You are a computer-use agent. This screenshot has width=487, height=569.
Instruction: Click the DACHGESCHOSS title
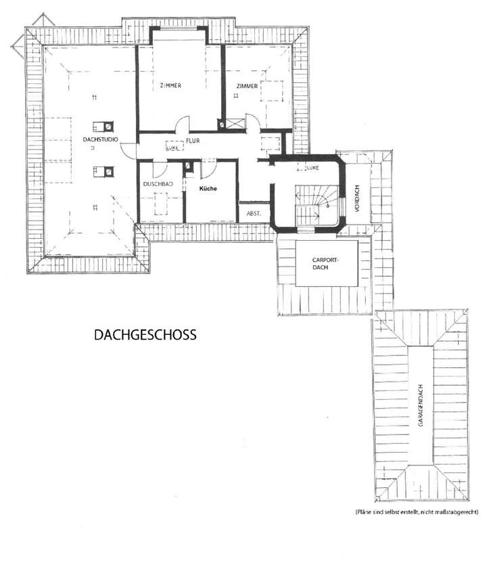pyautogui.click(x=145, y=334)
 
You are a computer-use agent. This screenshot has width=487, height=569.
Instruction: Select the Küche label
pyautogui.click(x=208, y=189)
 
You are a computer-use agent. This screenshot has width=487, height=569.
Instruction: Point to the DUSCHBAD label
pyautogui.click(x=158, y=185)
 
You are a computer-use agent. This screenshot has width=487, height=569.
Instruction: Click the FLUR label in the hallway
pyautogui.click(x=195, y=141)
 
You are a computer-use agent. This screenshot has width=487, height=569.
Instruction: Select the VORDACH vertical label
pyautogui.click(x=356, y=198)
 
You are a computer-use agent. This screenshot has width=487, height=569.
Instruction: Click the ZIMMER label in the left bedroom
pyautogui.click(x=171, y=85)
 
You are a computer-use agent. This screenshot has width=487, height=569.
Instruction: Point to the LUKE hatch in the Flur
pyautogui.click(x=173, y=146)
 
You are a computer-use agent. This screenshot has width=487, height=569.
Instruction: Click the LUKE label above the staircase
pyautogui.click(x=312, y=166)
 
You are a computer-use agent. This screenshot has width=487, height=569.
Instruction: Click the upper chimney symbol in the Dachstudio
pyautogui.click(x=103, y=124)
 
